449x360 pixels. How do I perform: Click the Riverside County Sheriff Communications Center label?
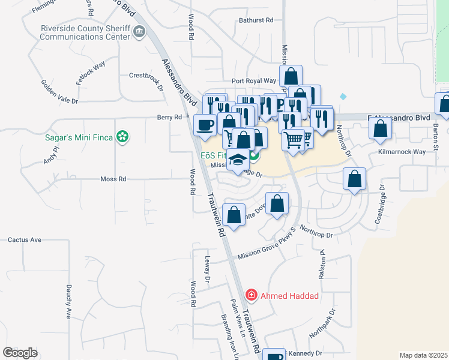pos(84,32)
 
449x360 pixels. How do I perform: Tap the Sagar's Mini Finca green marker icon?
pos(123,137)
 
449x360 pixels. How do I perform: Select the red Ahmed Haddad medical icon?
pos(252,295)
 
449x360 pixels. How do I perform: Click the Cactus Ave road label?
pos(25,240)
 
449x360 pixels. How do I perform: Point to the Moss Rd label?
pos(113,179)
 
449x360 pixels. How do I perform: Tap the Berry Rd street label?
pos(169,118)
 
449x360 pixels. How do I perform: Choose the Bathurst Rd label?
pos(255,20)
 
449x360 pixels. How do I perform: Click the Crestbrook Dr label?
pos(146,76)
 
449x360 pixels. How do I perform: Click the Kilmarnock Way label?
pos(402,152)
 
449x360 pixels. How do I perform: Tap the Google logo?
pos(20,353)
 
